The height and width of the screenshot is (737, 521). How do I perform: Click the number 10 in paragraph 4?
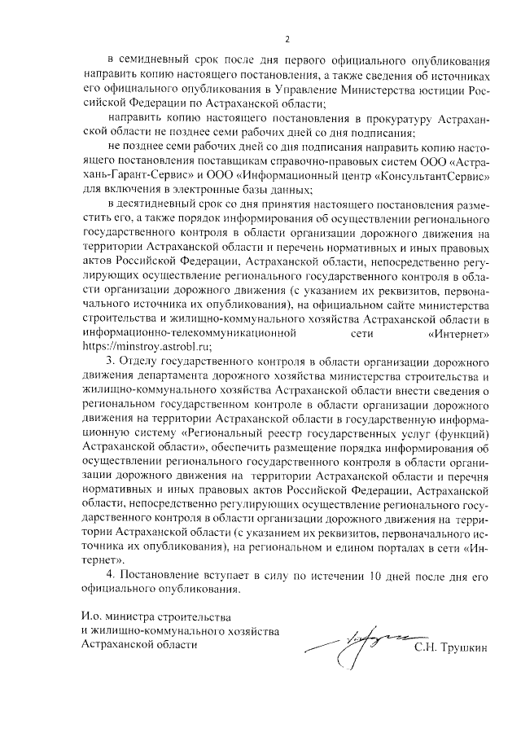pos(377,577)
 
